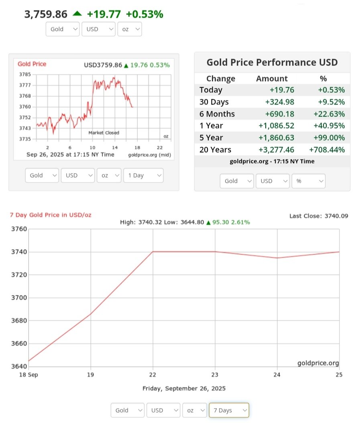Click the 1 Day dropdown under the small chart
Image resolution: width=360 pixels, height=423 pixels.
point(144,175)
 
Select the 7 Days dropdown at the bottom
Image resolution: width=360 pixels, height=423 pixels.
point(229,410)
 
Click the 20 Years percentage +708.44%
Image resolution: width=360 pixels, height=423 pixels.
point(327,150)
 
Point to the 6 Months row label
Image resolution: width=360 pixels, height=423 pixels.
point(217,114)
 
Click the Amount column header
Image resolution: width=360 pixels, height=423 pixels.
point(272,78)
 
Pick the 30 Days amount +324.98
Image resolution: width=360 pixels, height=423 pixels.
point(279,102)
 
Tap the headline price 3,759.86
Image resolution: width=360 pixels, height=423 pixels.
point(46,14)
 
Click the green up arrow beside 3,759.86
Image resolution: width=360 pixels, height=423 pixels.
point(77,14)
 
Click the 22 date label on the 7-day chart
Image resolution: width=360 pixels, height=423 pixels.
point(153,375)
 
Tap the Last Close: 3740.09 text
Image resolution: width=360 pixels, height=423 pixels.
point(319,216)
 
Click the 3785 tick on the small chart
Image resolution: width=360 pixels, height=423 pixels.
point(25,74)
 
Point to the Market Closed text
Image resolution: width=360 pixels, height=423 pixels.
point(104,133)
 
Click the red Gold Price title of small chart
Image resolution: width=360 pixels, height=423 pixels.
point(32,64)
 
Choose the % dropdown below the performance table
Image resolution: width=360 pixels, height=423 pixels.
point(308,181)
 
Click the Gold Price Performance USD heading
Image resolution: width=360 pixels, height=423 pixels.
point(272,62)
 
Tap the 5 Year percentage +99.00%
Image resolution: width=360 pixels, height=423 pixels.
point(327,138)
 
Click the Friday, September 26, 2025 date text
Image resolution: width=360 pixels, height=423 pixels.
point(184,388)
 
